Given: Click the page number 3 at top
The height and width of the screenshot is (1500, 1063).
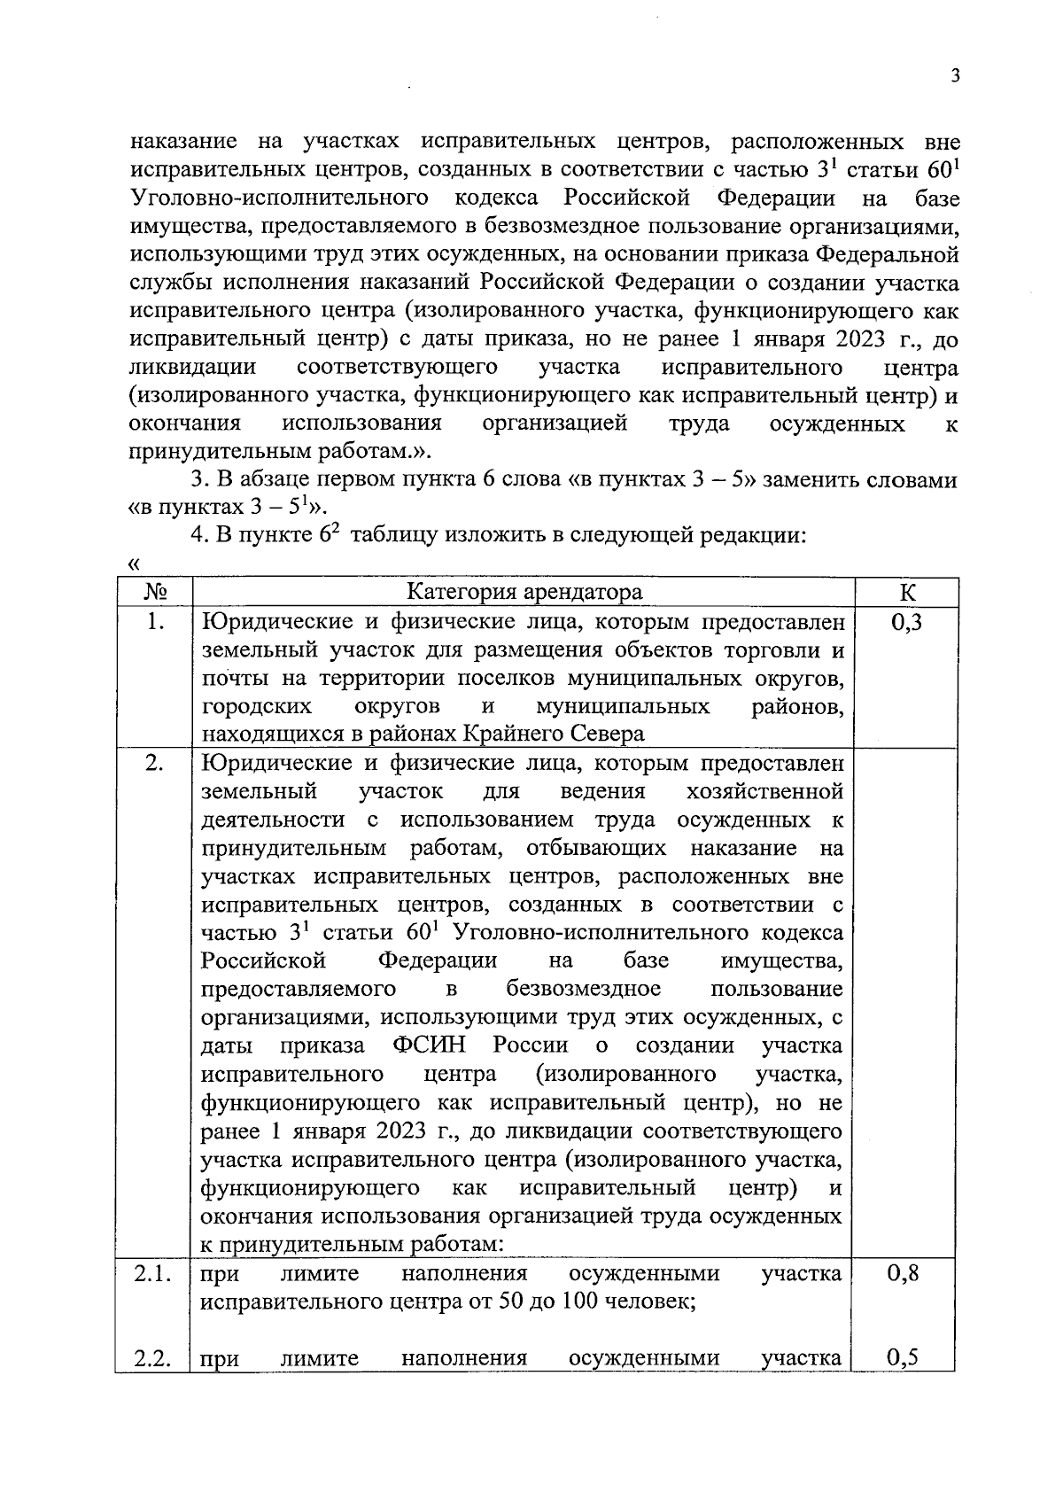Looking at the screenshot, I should tap(954, 76).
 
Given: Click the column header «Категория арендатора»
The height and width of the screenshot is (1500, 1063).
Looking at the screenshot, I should tap(524, 593).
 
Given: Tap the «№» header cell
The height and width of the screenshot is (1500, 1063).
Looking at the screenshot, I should tap(155, 593).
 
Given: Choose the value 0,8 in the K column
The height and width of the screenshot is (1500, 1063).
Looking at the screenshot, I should tap(903, 1273).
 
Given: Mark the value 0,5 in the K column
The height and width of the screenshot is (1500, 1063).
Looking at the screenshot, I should tap(903, 1357).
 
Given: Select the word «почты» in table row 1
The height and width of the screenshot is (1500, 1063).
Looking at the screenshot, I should tap(229, 679).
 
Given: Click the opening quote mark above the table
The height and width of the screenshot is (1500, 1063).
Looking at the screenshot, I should tap(135, 564).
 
